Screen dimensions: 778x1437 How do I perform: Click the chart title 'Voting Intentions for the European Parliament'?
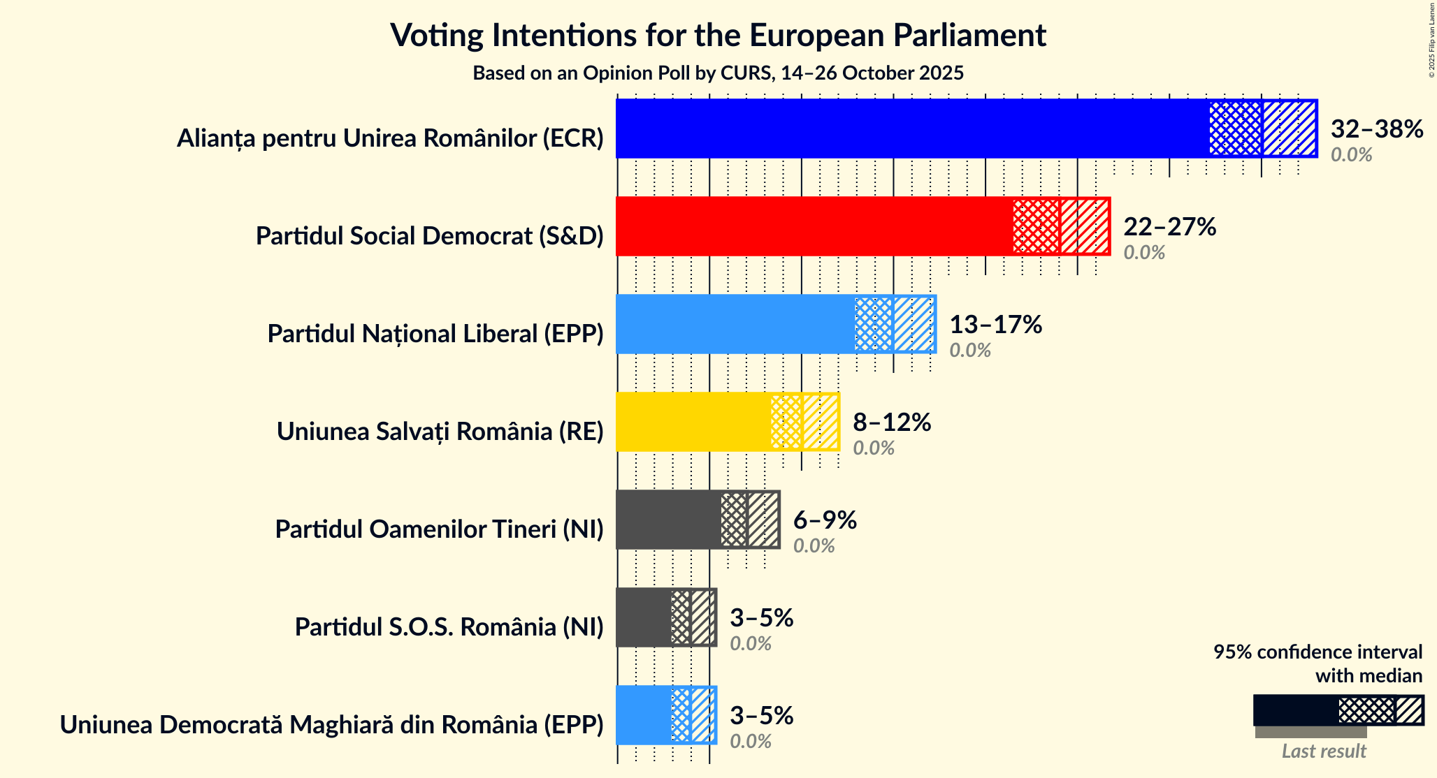718,35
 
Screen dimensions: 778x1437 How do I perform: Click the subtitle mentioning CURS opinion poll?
718,73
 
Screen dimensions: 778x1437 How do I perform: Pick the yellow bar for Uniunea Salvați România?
693,422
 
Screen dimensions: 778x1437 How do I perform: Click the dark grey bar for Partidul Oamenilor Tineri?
667,520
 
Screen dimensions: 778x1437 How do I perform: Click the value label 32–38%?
1376,129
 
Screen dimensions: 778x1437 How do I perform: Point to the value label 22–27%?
1169,226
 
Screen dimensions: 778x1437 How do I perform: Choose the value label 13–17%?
995,324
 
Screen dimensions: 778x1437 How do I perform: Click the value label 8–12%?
892,422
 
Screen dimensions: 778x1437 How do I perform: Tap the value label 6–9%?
825,520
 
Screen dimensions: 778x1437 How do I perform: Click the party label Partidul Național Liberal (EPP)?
435,334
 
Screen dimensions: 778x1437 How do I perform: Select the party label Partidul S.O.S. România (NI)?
449,627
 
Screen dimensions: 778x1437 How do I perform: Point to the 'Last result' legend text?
1323,751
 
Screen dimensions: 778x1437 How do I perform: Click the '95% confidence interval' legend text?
1317,652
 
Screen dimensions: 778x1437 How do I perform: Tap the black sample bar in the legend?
1295,710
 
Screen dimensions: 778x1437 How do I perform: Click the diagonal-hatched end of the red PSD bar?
1084,226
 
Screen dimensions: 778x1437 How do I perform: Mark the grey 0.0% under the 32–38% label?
1351,155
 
